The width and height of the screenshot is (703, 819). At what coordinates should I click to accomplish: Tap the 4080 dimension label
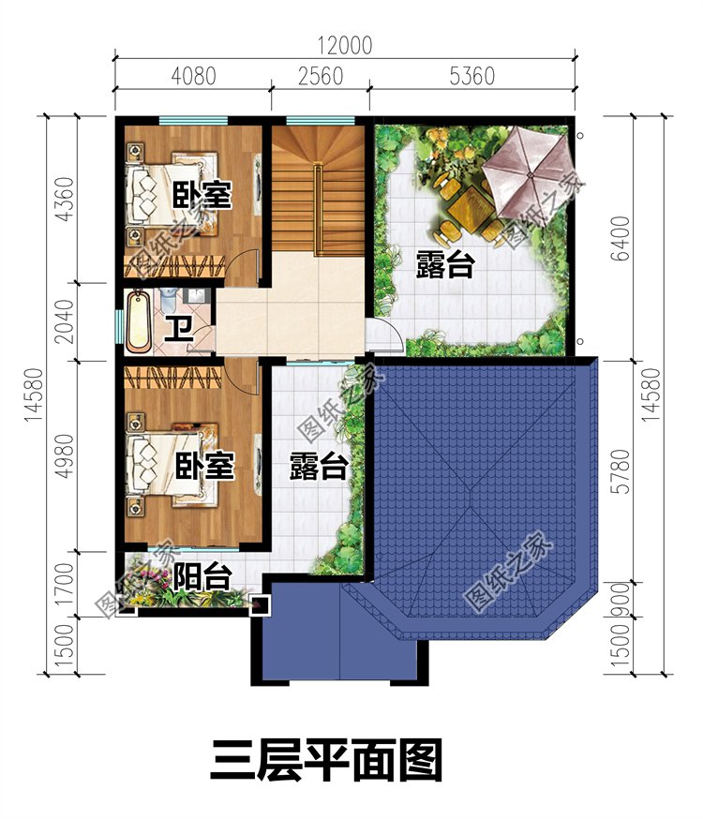192,76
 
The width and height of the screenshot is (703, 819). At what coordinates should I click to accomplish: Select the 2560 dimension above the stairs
320,76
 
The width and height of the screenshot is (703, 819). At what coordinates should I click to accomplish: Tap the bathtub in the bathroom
139,321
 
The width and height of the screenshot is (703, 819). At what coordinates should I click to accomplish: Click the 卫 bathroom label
177,328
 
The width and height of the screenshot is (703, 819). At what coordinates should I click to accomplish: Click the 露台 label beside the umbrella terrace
444,266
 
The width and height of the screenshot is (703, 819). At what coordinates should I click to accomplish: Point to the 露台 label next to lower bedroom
319,466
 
